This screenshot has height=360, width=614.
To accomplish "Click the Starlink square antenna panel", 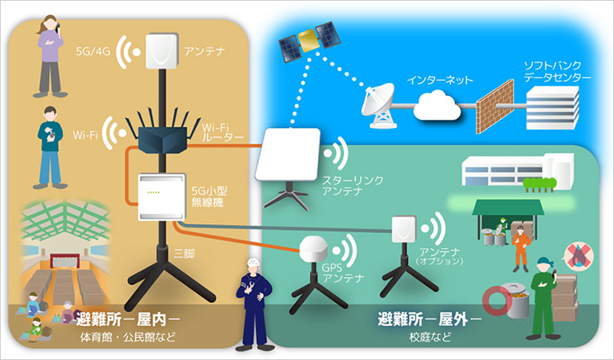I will (289, 154).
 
